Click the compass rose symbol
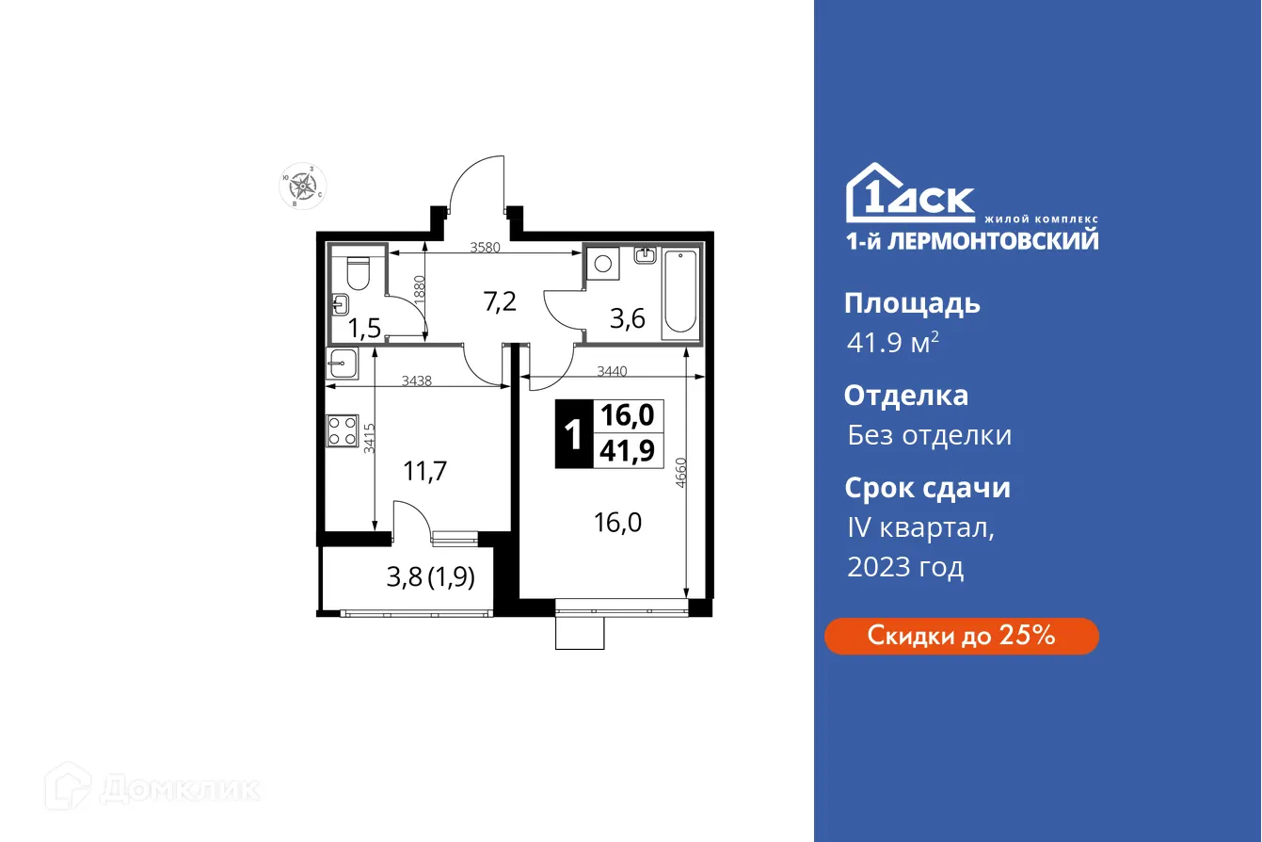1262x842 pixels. (x=303, y=186)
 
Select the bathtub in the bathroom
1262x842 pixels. (x=680, y=292)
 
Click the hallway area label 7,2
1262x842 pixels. (x=499, y=301)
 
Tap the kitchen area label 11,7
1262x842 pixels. (x=424, y=471)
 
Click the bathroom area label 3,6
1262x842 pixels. (x=627, y=318)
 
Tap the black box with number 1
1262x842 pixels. (x=571, y=435)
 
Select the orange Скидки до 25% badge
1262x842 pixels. (x=961, y=636)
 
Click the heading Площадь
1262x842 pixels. (x=912, y=303)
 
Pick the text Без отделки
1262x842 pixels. (x=929, y=435)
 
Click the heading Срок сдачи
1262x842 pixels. (x=927, y=488)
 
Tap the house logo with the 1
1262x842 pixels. (x=870, y=195)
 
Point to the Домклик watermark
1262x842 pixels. (x=156, y=787)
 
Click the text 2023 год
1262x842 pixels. (x=905, y=567)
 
